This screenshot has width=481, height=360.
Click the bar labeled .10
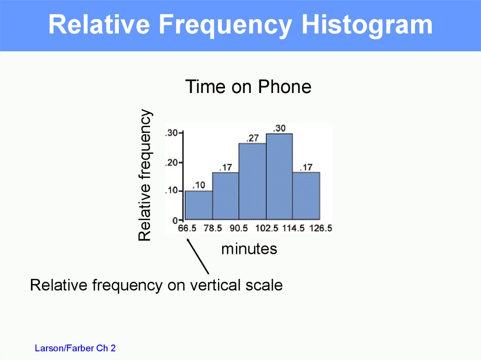click(199, 205)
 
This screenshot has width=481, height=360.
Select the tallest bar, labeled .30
click(279, 176)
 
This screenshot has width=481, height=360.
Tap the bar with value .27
click(252, 181)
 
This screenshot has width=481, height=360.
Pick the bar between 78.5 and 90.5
click(226, 196)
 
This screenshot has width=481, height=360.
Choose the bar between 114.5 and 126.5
click(306, 196)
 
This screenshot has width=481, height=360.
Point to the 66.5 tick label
click(187, 228)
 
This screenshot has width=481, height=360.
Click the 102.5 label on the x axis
click(267, 228)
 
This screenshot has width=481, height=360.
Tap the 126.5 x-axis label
click(320, 228)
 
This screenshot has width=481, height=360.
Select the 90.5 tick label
click(239, 228)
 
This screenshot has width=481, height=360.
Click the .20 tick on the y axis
click(172, 162)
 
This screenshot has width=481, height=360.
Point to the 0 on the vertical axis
click(175, 220)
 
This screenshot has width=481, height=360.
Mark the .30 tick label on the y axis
click(172, 133)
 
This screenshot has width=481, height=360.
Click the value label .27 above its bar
click(252, 138)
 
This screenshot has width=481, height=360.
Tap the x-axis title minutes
click(249, 249)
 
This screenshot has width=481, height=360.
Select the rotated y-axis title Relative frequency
click(145, 175)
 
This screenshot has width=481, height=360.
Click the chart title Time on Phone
click(248, 86)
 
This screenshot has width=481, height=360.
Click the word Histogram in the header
click(367, 25)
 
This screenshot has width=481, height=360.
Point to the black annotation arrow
click(198, 256)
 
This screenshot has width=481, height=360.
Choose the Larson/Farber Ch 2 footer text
click(75, 348)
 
